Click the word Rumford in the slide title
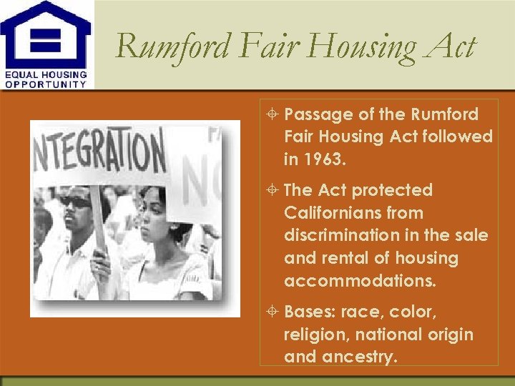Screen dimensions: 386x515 click(171, 47)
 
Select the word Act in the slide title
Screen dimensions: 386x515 click(451, 47)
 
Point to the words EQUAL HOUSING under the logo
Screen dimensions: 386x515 click(46, 74)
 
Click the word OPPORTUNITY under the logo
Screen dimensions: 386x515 click(46, 84)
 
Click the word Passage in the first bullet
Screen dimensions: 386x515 click(314, 114)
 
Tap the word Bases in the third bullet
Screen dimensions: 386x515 click(310, 312)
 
